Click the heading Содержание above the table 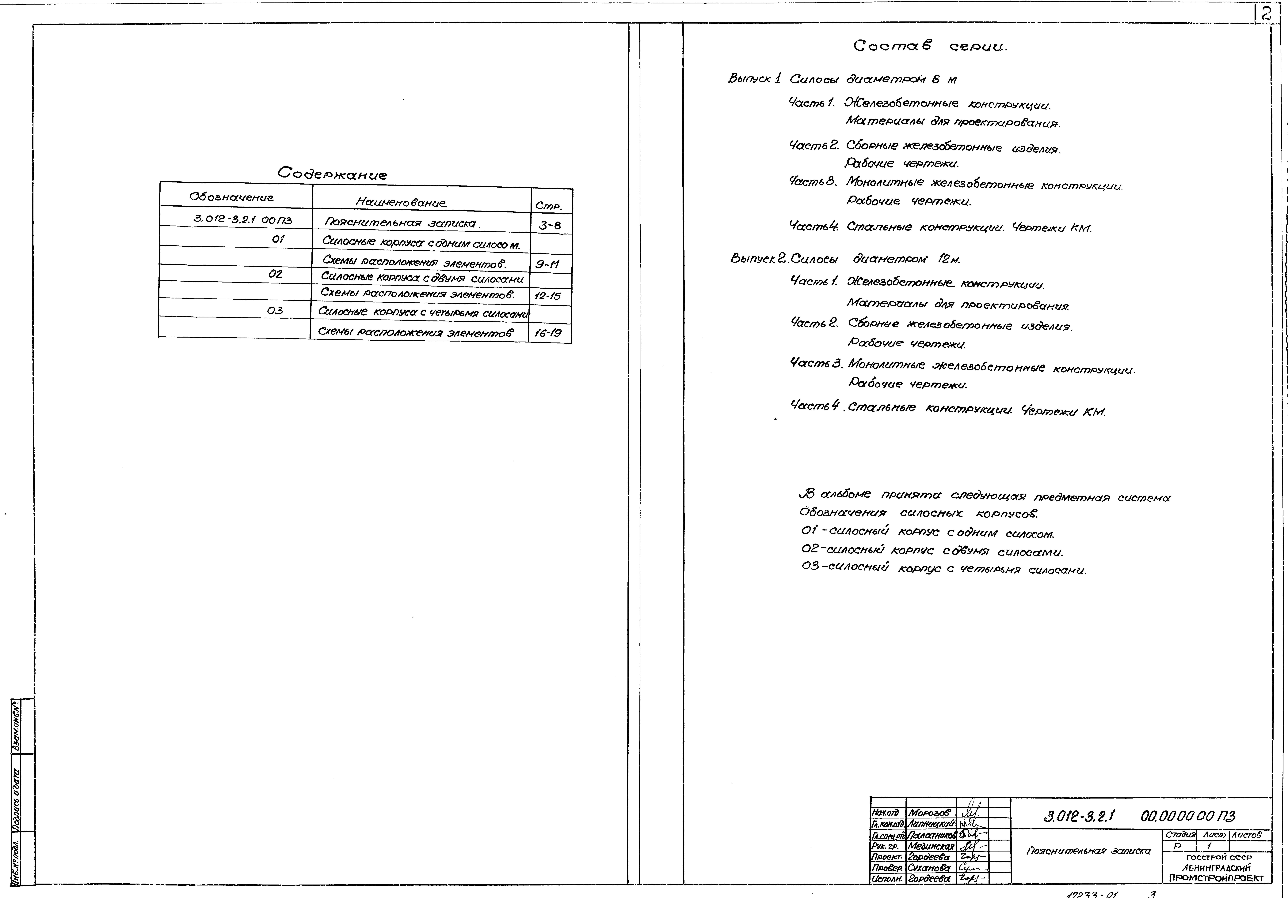pos(332,174)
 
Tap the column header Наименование pos(401,202)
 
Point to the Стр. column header pos(548,206)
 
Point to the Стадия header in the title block pos(1180,835)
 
